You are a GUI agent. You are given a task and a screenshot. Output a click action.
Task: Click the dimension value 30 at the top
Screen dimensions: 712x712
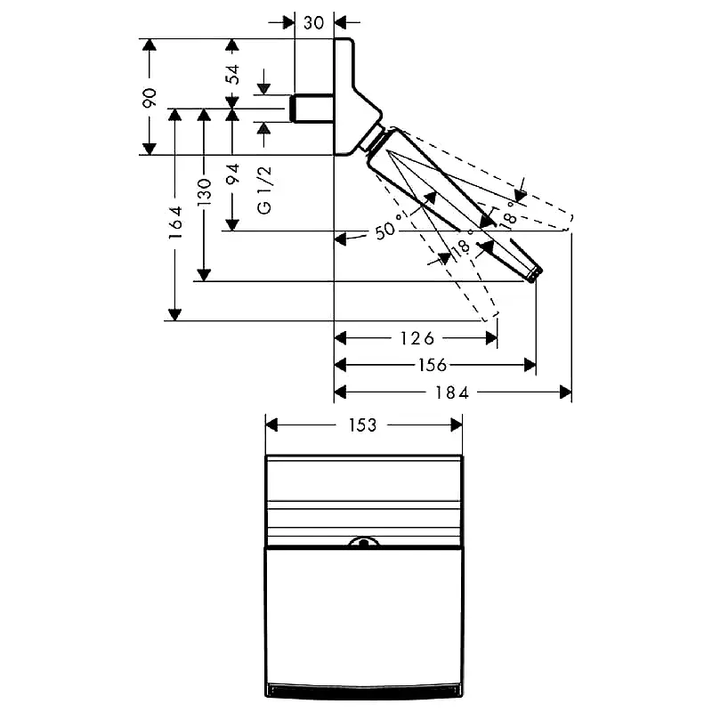point(313,22)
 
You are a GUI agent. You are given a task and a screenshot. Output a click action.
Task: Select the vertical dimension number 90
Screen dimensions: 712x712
point(150,98)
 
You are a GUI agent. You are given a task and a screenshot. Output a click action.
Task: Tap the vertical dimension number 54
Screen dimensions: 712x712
point(233,75)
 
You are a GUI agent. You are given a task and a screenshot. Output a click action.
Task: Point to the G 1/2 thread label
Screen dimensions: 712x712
point(263,190)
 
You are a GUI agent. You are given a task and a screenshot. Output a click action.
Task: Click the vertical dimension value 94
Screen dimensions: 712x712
point(233,174)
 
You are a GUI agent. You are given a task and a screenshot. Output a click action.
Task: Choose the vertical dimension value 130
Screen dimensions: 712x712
point(205,192)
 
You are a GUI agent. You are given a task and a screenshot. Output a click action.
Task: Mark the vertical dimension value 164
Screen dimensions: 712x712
point(175,223)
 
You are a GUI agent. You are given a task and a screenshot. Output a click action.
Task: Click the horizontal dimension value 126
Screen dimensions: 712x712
point(417,338)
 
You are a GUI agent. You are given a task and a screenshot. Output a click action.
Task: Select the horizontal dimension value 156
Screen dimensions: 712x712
point(432,365)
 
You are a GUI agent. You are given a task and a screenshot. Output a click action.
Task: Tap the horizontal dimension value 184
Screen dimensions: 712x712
point(452,392)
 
